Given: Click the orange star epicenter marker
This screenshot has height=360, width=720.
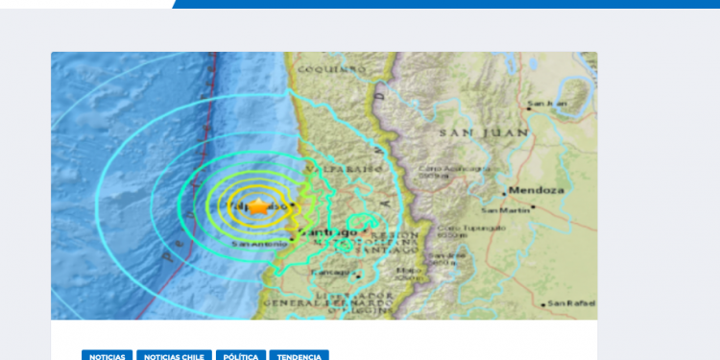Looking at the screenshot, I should (259, 205).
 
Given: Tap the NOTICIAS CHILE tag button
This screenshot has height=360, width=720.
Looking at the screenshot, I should (174, 355).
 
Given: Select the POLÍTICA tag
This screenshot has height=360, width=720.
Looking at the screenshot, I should (241, 355).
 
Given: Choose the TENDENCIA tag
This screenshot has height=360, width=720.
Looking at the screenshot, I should (300, 355).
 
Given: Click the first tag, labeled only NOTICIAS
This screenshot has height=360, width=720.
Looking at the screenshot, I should (108, 355).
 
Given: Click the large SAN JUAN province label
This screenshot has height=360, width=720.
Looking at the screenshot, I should (470, 133).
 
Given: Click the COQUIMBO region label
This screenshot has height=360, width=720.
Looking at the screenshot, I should (332, 69).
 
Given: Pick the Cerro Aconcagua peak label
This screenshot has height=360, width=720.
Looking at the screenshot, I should (442, 171).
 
